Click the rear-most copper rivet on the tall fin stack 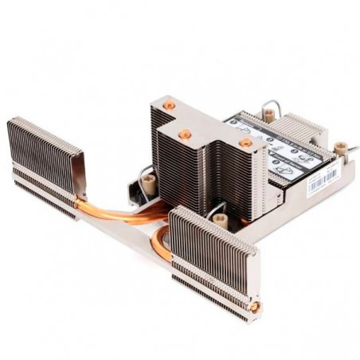[x=168, y=104]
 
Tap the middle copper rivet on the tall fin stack [x=185, y=135]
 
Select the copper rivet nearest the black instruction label [x=245, y=142]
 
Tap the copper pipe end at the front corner [x=255, y=307]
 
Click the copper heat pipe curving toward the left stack [x=119, y=212]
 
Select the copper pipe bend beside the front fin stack [x=160, y=243]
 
